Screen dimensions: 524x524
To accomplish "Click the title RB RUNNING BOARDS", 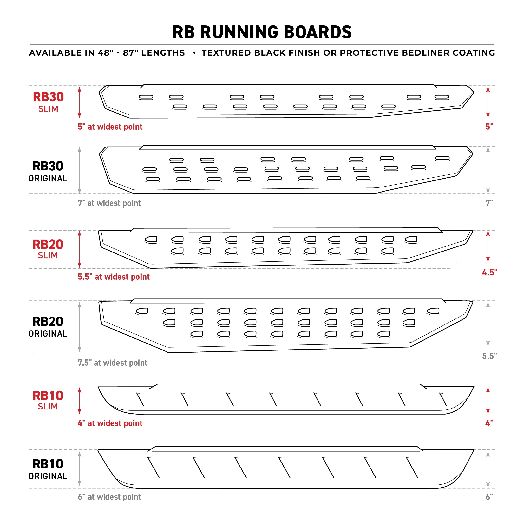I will (262, 32).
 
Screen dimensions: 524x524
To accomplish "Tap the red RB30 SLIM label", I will (48, 102).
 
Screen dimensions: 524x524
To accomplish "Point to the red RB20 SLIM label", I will (48, 249).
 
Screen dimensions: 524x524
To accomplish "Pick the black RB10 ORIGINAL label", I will (48, 469).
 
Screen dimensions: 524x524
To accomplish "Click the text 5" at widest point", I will (110, 127).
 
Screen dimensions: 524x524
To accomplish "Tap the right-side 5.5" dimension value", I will (489, 356).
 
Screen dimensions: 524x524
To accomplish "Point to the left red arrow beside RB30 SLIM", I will (79, 102).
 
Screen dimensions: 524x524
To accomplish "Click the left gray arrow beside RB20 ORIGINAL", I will (79, 327).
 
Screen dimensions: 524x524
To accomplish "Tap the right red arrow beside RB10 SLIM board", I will (488, 400).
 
